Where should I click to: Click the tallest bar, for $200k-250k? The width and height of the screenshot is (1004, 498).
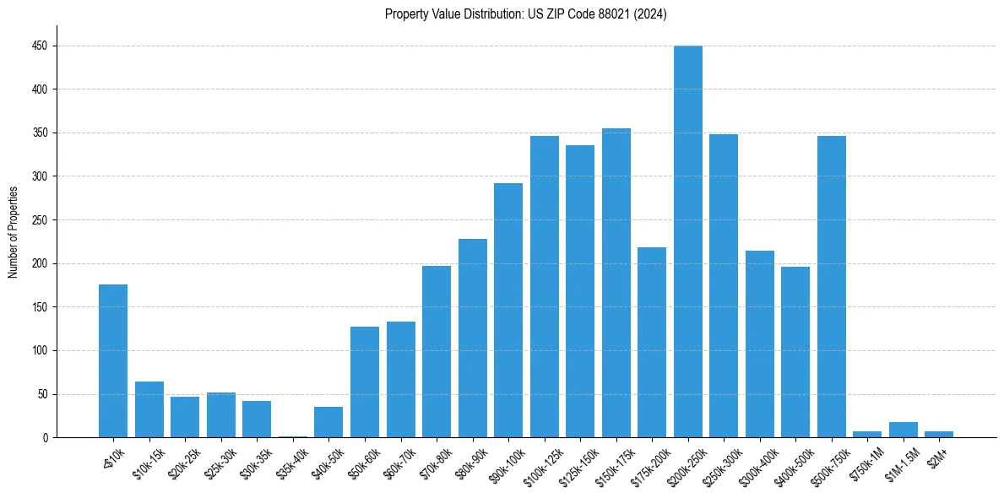tap(687, 241)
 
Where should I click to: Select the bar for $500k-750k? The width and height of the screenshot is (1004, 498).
tap(831, 287)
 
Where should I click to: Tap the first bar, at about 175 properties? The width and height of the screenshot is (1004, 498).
tap(113, 361)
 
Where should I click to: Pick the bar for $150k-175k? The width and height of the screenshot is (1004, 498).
tap(616, 283)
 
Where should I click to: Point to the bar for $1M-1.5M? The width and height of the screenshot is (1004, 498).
tap(903, 430)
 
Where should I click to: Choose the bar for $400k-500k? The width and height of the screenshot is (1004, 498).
tap(795, 352)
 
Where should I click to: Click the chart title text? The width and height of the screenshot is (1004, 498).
tap(525, 14)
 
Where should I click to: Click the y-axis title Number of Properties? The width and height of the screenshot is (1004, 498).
tap(14, 231)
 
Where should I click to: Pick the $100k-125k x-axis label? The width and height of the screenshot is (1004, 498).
tap(540, 465)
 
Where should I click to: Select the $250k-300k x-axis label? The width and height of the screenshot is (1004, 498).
tap(719, 465)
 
